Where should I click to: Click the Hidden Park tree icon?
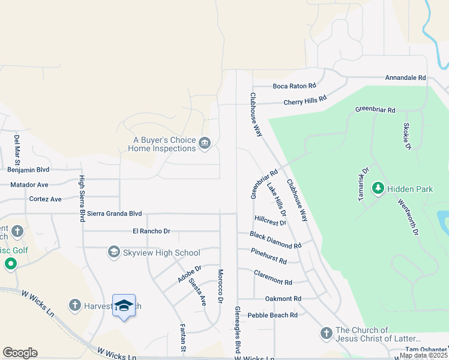point(378,189)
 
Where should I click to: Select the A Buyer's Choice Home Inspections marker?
point(205,143)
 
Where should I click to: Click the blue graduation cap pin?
point(124,306)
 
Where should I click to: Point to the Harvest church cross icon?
point(75,305)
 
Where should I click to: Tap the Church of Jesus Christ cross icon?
point(326,333)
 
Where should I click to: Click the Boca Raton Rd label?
point(294,86)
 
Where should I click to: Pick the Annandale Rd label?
point(405,78)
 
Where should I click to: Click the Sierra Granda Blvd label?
point(114,214)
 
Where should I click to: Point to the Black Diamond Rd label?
point(276,241)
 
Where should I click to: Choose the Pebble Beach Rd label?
point(273,315)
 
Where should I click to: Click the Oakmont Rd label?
point(283,299)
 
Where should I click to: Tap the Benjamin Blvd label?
point(28,170)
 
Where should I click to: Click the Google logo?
point(20,353)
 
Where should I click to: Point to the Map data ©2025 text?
point(423,355)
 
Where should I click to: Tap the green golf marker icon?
point(10,263)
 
